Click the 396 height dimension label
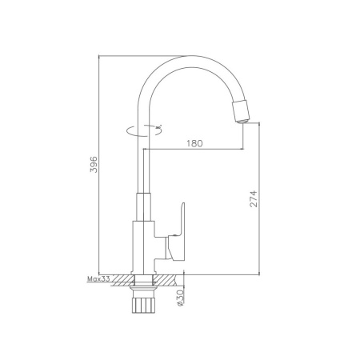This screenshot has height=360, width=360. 94,165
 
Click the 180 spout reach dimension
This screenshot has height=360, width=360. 194,143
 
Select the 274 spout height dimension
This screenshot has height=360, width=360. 253,198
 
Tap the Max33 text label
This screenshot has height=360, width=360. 98,279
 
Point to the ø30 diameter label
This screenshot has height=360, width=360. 181,298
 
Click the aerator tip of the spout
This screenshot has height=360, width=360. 242,112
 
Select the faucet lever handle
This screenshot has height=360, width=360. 177,231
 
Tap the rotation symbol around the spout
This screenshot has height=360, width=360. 144,130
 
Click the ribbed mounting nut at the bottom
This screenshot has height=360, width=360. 143,303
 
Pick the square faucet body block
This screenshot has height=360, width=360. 143,247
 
